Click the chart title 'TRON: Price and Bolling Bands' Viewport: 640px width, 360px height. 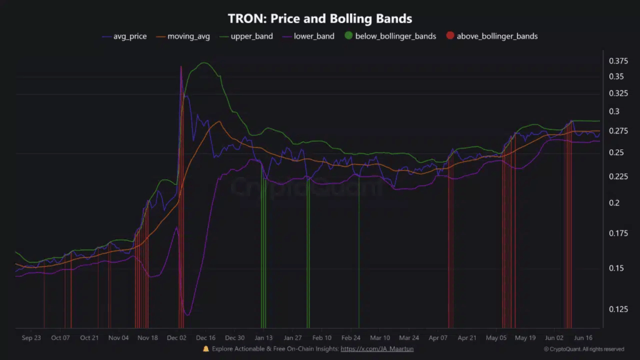pos(319,19)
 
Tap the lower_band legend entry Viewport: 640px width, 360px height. pos(313,36)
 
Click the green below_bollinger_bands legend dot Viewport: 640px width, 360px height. pos(348,36)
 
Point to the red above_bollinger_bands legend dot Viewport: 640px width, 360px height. pos(450,36)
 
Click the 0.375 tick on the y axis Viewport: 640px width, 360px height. pos(618,61)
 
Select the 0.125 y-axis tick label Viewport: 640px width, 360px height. pos(618,309)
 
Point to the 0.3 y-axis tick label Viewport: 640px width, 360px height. pos(614,112)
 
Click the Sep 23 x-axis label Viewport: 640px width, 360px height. pos(31,338)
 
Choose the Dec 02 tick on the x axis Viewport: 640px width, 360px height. pos(176,338)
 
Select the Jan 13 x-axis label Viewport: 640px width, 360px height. pos(264,338)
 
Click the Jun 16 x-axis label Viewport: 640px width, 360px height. pos(583,338)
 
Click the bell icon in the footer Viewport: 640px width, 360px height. pos(206,349)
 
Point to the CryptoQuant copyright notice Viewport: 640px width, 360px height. pos(584,349)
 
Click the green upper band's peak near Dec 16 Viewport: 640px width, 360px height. pos(203,63)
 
